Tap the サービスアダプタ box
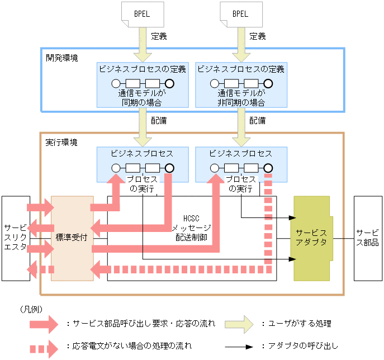click(x=311, y=238)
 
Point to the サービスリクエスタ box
click(x=15, y=238)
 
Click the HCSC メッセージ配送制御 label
click(x=190, y=227)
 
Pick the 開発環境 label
click(x=62, y=58)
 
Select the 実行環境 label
click(x=61, y=143)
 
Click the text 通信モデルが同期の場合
click(x=141, y=98)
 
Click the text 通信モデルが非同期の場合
click(x=240, y=98)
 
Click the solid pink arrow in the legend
click(x=43, y=324)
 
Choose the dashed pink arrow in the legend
click(x=43, y=347)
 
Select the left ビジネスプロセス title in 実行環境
click(x=141, y=153)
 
